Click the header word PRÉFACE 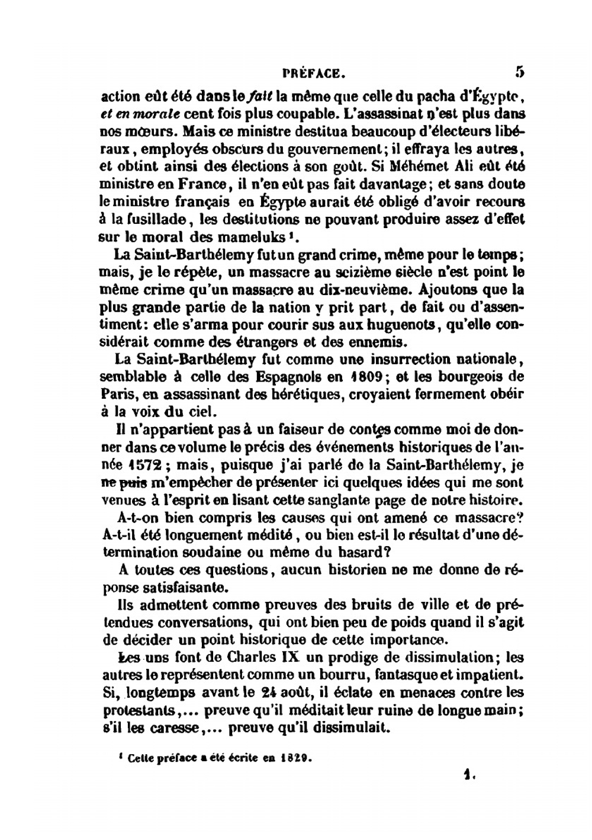[x=314, y=74]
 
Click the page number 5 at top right [x=519, y=72]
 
